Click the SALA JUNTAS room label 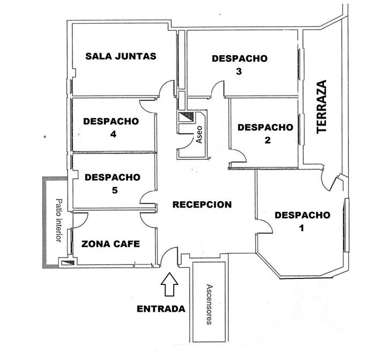click(x=121, y=56)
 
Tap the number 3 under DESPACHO click(x=239, y=71)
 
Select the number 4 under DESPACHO click(x=113, y=134)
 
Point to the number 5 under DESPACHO click(x=114, y=190)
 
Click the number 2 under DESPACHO click(x=267, y=140)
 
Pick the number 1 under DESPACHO click(x=301, y=228)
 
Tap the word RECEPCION click(x=202, y=204)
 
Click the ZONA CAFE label click(x=111, y=244)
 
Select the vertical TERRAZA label click(x=321, y=107)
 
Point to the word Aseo click(x=199, y=134)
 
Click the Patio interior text click(x=58, y=220)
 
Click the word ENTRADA click(x=161, y=308)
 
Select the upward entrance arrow click(x=170, y=284)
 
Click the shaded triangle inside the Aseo click(x=188, y=116)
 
